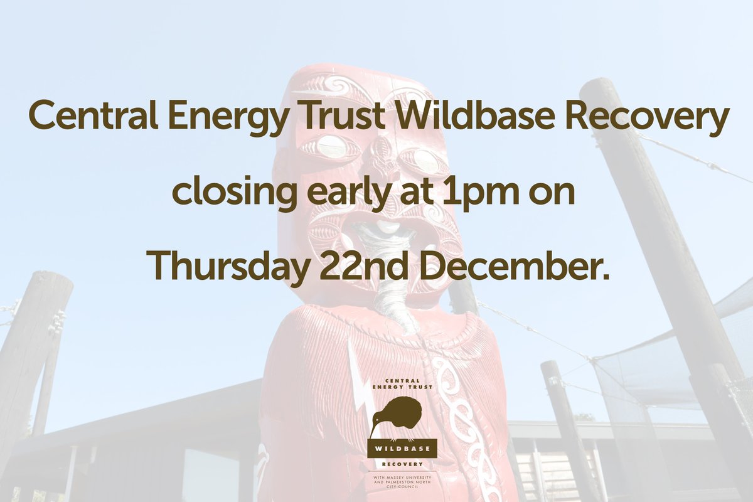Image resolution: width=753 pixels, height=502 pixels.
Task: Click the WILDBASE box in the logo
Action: click(402, 450)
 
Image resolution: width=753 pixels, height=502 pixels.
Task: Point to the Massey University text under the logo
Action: click(402, 481)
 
